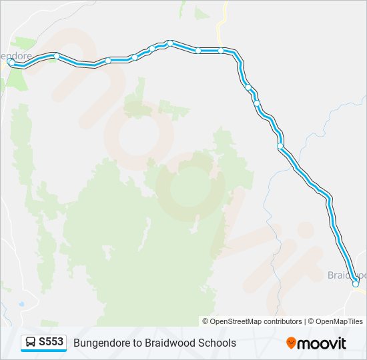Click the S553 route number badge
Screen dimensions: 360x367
tap(43, 343)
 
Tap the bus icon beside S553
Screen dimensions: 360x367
tap(31, 343)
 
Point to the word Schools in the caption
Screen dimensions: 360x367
tap(213, 343)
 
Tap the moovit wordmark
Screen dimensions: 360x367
tap(322, 343)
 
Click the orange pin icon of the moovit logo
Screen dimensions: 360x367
tap(291, 343)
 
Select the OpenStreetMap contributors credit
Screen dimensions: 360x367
tap(256, 321)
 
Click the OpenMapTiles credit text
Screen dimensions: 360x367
tap(339, 321)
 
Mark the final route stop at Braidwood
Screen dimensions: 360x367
tap(356, 283)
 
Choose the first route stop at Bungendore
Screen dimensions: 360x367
tap(11, 63)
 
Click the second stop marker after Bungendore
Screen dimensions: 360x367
tap(108, 61)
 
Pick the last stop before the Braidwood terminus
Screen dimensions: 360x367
tap(280, 146)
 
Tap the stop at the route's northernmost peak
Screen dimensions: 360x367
tap(170, 43)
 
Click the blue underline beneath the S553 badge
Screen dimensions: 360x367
tap(43, 351)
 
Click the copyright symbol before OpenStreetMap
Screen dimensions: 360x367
tap(206, 321)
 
